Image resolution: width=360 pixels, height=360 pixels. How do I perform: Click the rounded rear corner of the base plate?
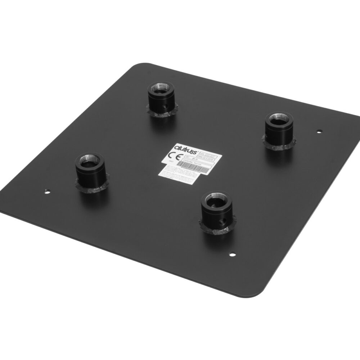(137, 67)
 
